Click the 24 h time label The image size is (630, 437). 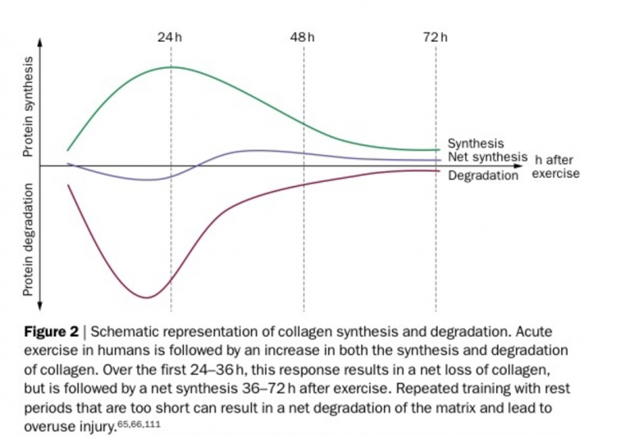coord(170,38)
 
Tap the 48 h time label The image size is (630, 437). coord(303,38)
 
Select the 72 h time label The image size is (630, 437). coord(436,38)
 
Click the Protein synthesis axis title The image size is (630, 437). coord(27,107)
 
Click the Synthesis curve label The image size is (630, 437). coord(476,144)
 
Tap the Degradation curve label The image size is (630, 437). coord(483,175)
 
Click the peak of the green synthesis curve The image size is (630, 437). coord(171,67)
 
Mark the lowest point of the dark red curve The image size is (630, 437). coord(146,298)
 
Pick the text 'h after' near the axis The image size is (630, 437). coord(554,160)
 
